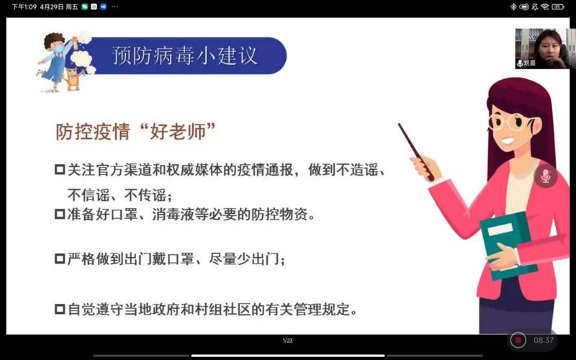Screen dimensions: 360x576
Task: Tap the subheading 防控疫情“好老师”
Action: (137, 132)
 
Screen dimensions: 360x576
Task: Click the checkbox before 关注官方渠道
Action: (60, 170)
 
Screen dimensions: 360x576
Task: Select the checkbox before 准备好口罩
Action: (60, 214)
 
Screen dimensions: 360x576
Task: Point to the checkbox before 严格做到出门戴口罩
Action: (60, 258)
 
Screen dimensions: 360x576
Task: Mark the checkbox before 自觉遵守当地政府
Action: (60, 310)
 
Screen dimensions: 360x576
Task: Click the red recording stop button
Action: (518, 340)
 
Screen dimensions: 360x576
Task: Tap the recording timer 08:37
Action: (544, 340)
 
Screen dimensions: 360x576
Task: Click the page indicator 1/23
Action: (287, 340)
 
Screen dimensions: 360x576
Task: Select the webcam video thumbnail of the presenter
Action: (538, 48)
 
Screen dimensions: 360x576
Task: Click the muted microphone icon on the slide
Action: (545, 176)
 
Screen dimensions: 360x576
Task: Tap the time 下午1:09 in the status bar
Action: (24, 6)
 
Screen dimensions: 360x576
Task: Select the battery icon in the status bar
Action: (559, 6)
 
